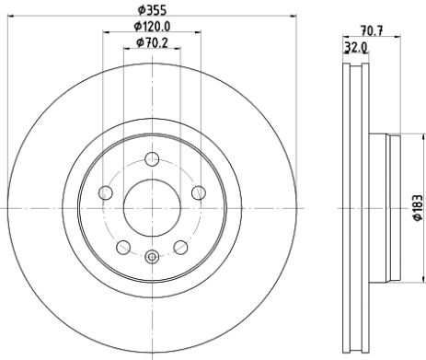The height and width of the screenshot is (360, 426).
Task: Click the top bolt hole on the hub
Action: pyautogui.click(x=151, y=158)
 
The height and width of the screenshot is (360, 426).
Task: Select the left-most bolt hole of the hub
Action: pyautogui.click(x=105, y=192)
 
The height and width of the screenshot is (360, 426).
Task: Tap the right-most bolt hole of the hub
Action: pyautogui.click(x=197, y=192)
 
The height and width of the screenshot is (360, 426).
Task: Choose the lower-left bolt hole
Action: pyautogui.click(x=122, y=246)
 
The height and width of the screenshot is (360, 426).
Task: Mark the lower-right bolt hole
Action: pyautogui.click(x=179, y=246)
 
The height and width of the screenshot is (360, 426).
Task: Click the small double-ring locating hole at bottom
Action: pyautogui.click(x=151, y=257)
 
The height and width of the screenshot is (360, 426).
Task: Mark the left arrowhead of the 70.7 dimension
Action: pyautogui.click(x=345, y=37)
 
